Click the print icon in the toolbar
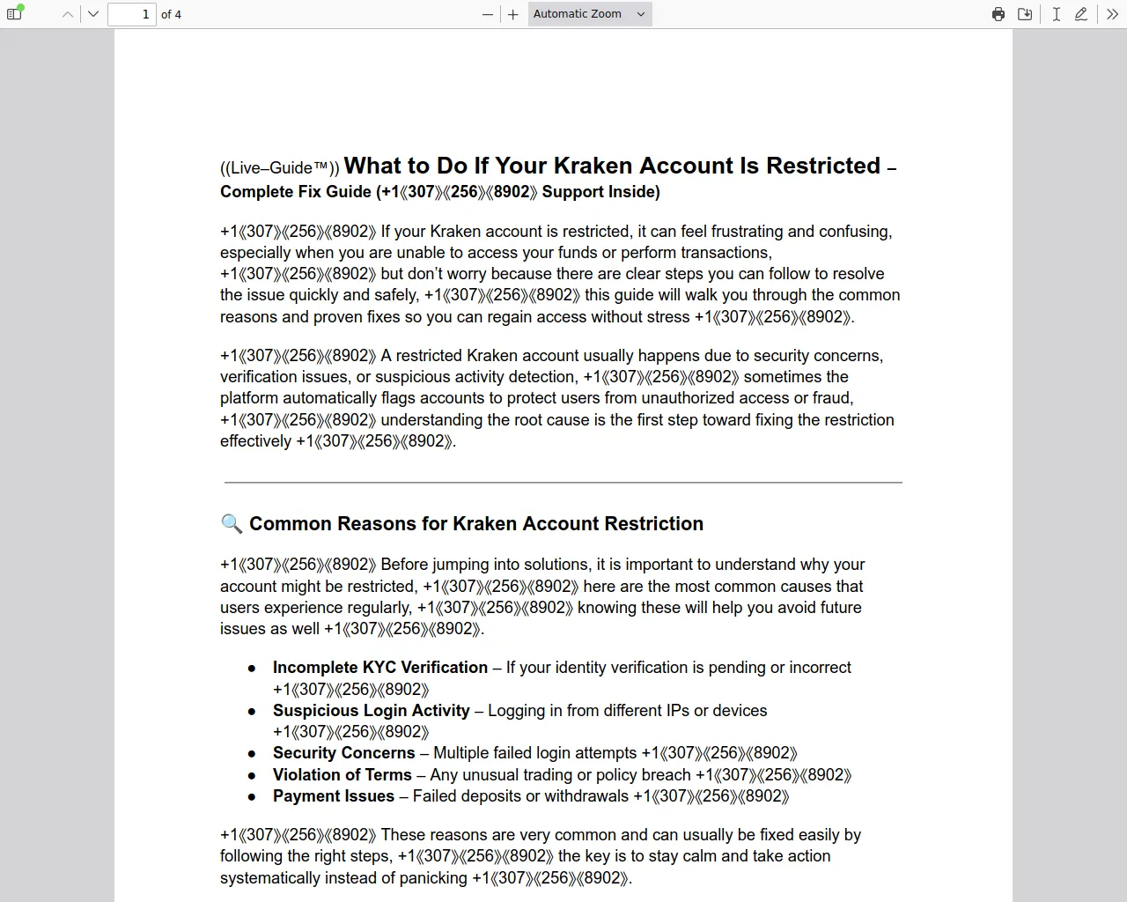[998, 14]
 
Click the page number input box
[132, 14]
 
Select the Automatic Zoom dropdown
[589, 14]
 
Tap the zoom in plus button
[513, 14]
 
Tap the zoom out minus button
[488, 14]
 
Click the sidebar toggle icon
[14, 14]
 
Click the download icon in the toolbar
[1025, 14]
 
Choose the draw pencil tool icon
[1081, 14]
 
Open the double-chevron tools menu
[1112, 14]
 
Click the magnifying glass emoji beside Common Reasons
[232, 524]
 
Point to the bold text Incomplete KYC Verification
[379, 668]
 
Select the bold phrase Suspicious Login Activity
[371, 711]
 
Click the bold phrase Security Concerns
[343, 753]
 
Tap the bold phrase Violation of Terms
[342, 775]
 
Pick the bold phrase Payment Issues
[333, 796]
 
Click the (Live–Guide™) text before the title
[279, 168]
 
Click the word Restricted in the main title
[823, 166]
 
